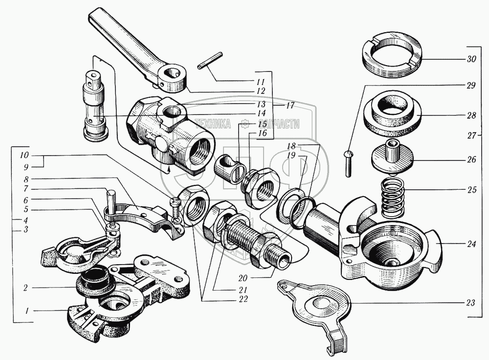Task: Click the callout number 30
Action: [471, 59]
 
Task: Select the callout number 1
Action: [27, 311]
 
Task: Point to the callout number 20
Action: [243, 278]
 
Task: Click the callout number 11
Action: [261, 82]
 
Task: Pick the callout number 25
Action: [472, 190]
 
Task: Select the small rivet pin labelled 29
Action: [348, 163]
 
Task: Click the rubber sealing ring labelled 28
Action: [393, 113]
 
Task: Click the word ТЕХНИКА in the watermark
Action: [212, 124]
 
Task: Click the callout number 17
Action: [289, 106]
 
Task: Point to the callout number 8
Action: [26, 180]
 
